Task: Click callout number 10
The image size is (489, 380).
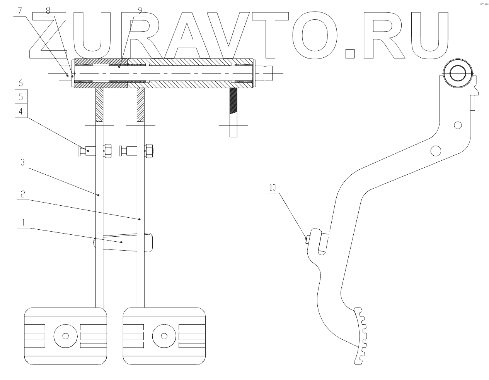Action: point(273,188)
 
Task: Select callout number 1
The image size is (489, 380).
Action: point(23,223)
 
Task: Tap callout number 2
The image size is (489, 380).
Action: point(23,194)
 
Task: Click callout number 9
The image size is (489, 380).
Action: point(140,11)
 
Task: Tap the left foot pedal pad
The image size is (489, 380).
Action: point(65,335)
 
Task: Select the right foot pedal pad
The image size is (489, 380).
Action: point(164,335)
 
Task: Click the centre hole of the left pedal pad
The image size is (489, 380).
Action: point(65,335)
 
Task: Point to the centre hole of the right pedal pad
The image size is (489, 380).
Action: point(164,335)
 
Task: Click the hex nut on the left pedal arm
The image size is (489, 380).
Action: point(108,151)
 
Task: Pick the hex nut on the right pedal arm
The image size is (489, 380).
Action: point(149,151)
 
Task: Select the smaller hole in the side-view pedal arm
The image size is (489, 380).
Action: point(458,125)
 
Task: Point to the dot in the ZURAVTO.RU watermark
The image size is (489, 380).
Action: point(349,53)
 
